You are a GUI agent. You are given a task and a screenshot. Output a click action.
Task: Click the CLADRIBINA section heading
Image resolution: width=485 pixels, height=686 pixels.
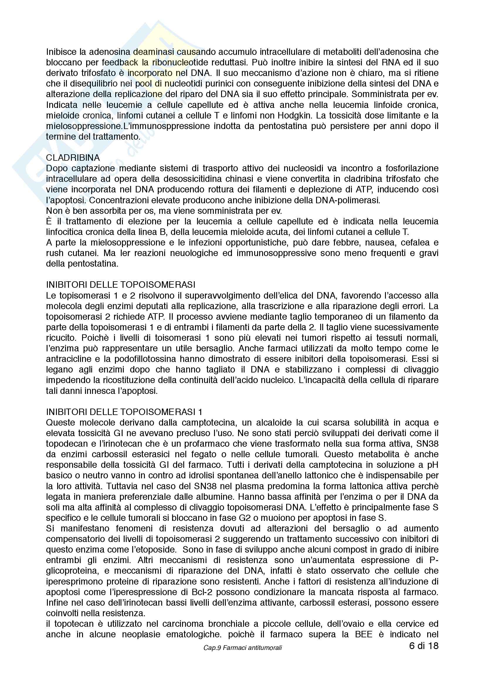tap(73, 157)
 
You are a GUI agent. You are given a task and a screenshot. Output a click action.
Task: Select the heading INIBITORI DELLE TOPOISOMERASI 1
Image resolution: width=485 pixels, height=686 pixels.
tap(124, 412)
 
